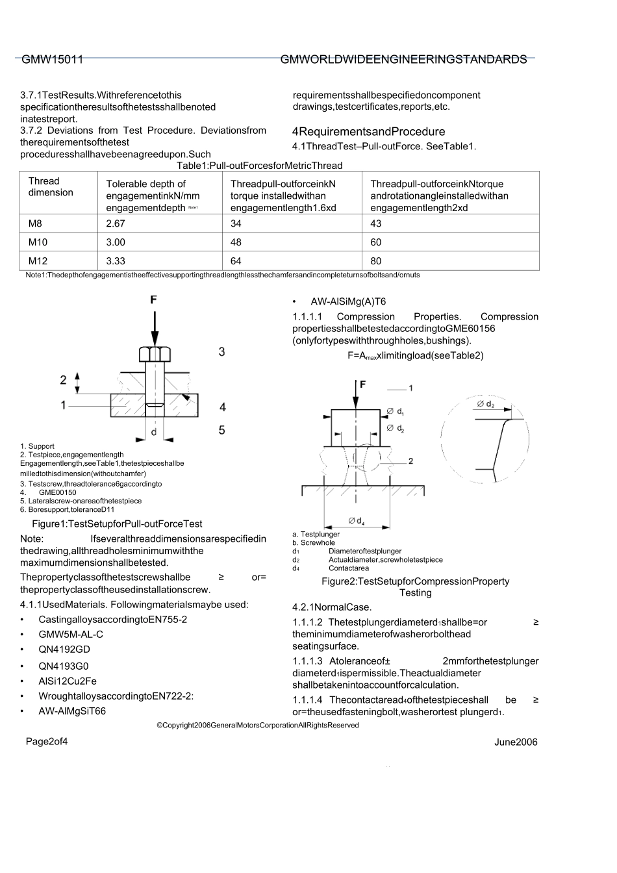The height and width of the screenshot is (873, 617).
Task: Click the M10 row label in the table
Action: [x=38, y=242]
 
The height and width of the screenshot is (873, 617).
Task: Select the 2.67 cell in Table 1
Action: [x=116, y=223]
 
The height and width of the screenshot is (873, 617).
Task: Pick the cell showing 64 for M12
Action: [x=236, y=261]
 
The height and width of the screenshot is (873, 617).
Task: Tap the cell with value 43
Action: [x=376, y=223]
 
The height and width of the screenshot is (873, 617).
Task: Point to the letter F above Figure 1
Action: [x=154, y=300]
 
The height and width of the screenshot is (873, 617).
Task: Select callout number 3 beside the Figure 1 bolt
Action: [x=221, y=352]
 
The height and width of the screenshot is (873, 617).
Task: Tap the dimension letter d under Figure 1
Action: [x=154, y=431]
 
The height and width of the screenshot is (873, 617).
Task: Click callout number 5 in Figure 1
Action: [x=221, y=430]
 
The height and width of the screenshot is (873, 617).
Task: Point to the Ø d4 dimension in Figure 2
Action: [x=356, y=520]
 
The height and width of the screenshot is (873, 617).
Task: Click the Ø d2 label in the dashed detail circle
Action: [x=485, y=404]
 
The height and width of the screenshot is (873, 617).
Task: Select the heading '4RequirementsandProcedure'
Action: [x=368, y=132]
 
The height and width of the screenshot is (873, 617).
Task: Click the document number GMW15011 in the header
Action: [x=53, y=60]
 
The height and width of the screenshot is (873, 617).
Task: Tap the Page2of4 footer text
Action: [x=47, y=742]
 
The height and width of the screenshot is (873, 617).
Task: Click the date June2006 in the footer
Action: [x=516, y=742]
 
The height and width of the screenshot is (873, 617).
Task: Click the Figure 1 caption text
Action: [x=117, y=524]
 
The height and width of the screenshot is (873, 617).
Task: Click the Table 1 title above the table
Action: [x=259, y=166]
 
